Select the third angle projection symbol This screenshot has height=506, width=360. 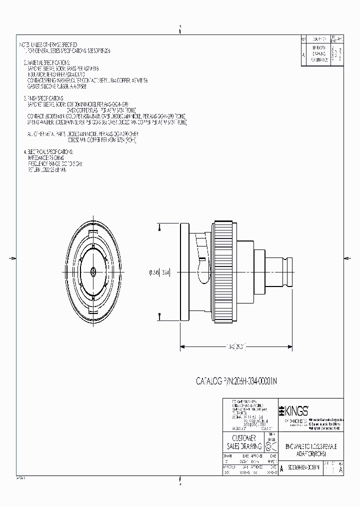(270, 446)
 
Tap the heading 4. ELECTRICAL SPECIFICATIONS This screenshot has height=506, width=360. (49, 151)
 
